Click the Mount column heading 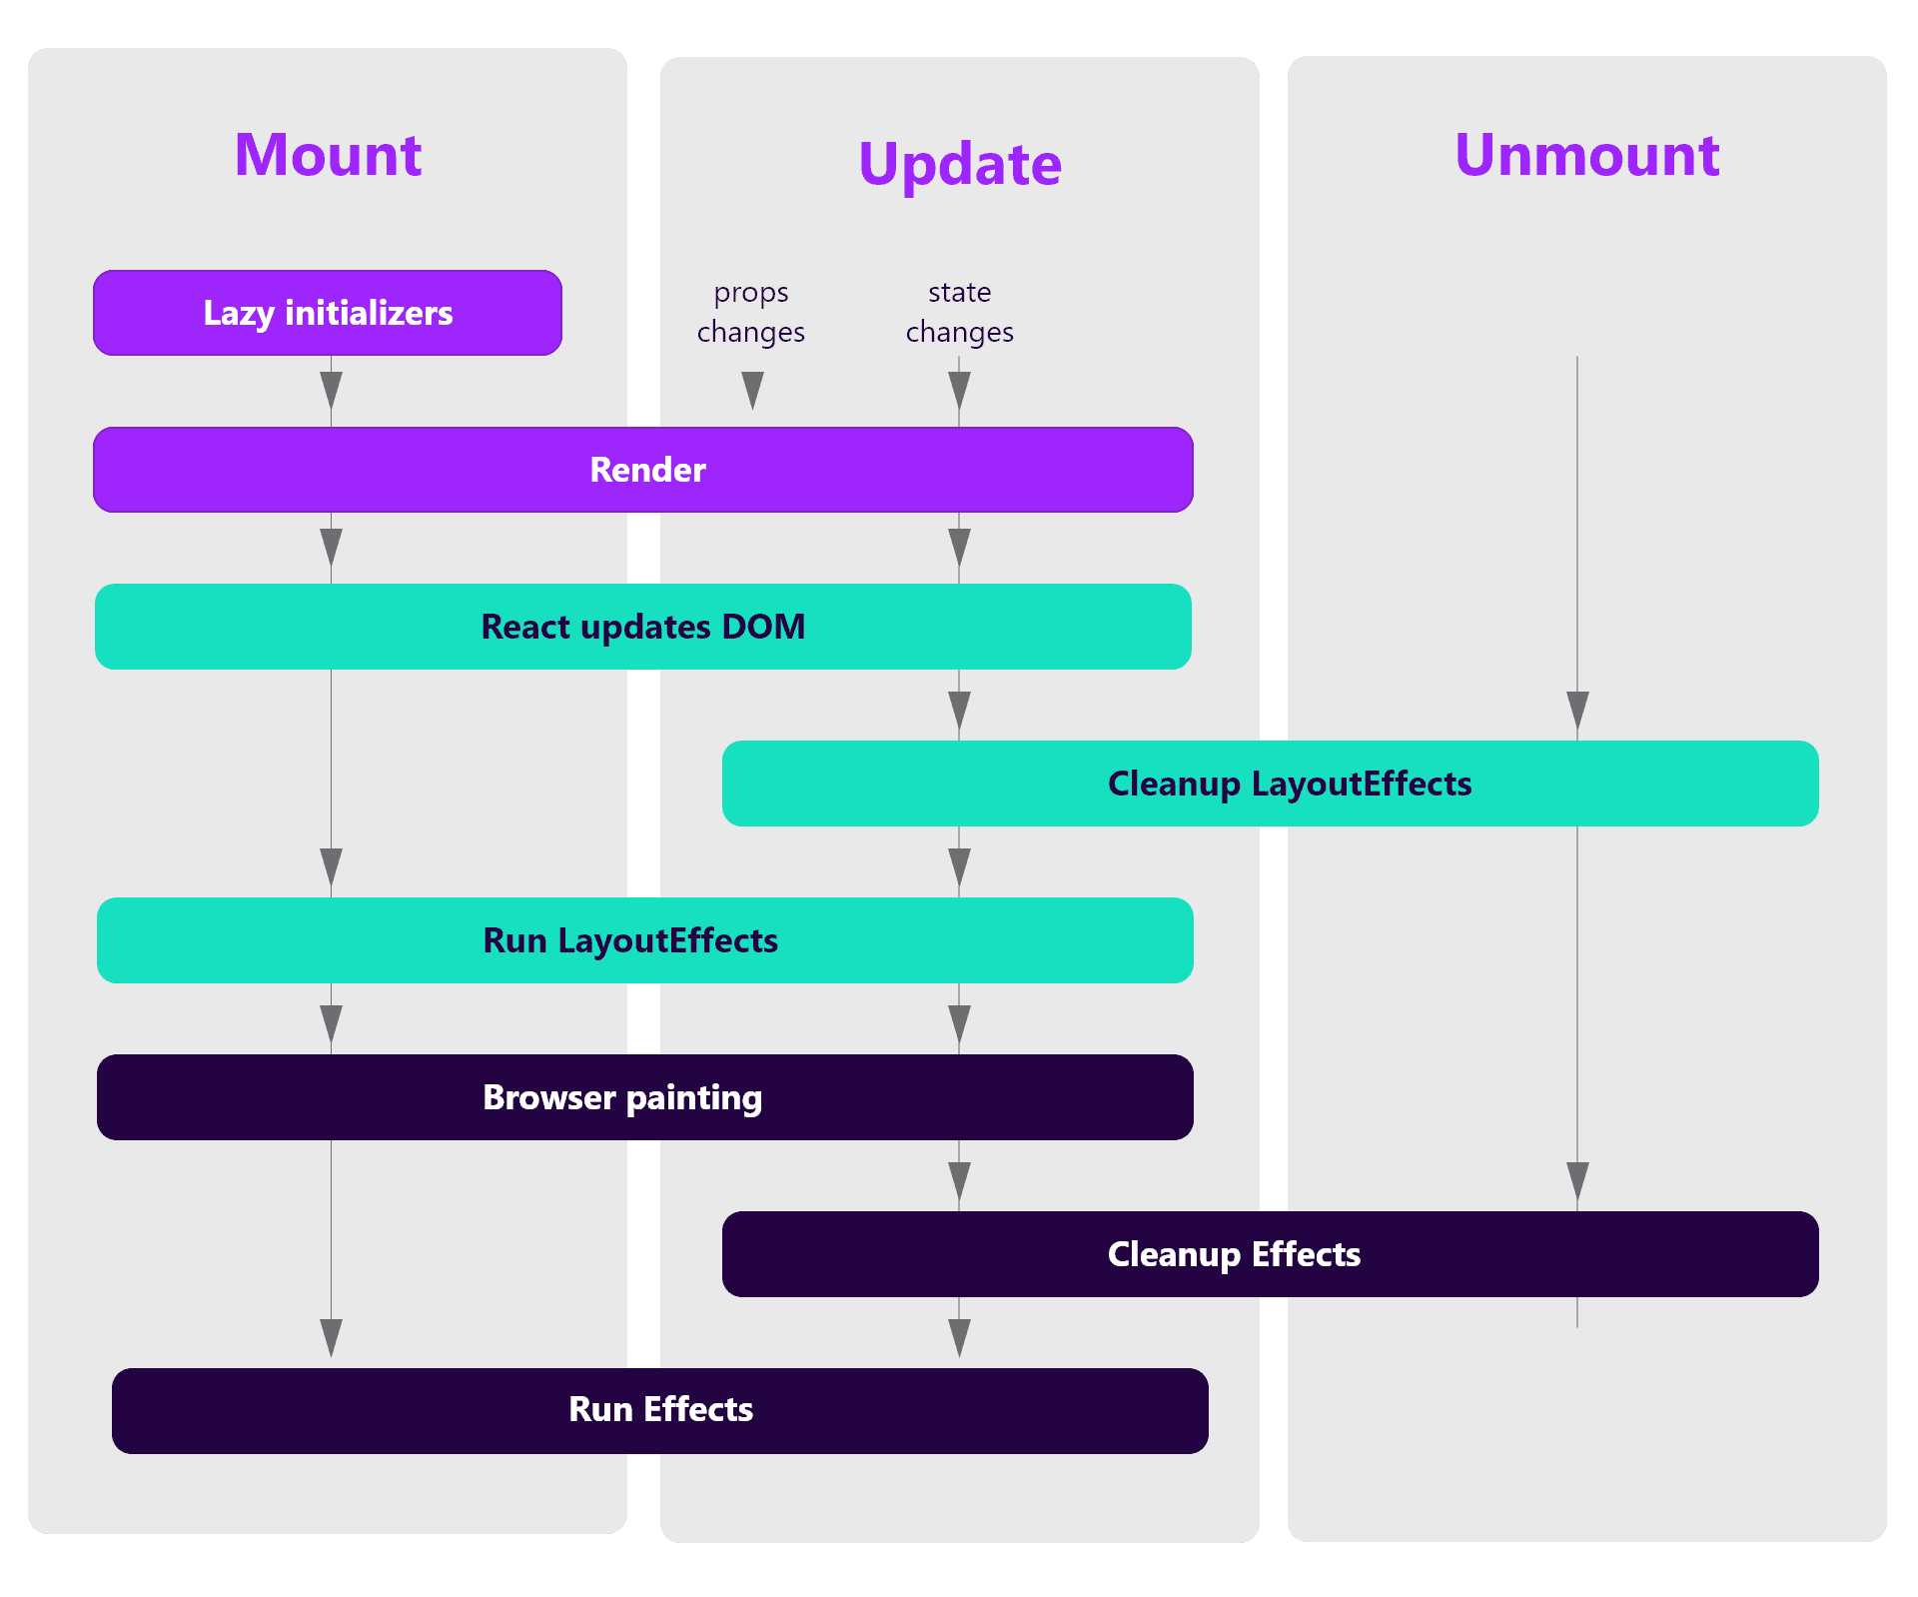(328, 155)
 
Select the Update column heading (960, 164)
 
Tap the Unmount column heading (1587, 155)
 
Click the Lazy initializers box (328, 313)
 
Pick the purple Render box (643, 470)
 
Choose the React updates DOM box (643, 627)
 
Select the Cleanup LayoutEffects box (1271, 784)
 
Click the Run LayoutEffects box (645, 940)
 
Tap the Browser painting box (645, 1097)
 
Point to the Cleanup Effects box (1271, 1254)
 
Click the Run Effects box (660, 1411)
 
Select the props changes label (751, 312)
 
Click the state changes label (960, 312)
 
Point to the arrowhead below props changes (753, 390)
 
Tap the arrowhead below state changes (960, 390)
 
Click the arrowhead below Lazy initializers (332, 390)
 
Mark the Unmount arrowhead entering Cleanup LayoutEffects (1578, 711)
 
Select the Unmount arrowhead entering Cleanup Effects (1578, 1181)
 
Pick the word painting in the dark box (694, 1098)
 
